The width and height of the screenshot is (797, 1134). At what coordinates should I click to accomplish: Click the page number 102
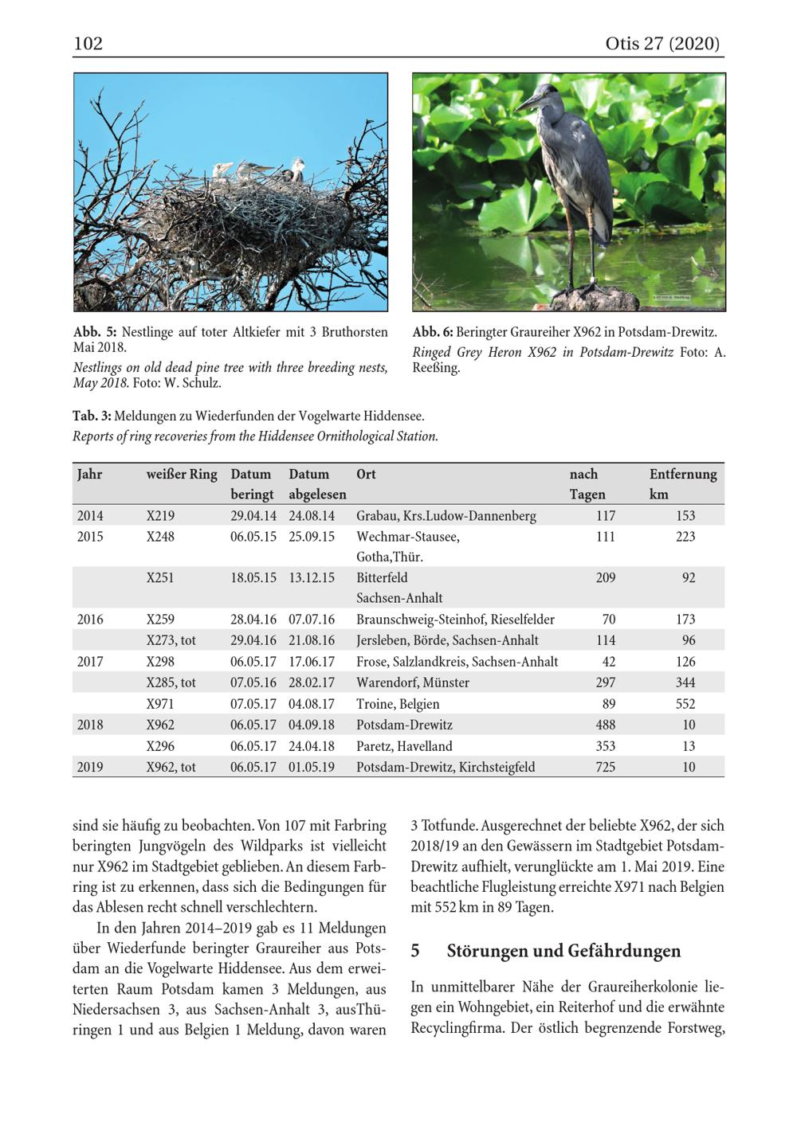pos(88,43)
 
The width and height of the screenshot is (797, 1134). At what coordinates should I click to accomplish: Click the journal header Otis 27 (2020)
pos(662,43)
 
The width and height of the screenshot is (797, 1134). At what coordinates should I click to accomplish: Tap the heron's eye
pos(543,94)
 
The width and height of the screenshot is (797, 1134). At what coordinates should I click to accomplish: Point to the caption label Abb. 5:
pos(95,332)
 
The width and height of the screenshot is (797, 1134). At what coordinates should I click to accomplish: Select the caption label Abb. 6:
pos(433,332)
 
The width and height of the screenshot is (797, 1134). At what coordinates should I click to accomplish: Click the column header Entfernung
pos(683,474)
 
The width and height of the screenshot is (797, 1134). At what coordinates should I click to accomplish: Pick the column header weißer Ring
pos(182,474)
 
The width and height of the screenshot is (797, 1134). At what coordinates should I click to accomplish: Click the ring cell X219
pos(160,516)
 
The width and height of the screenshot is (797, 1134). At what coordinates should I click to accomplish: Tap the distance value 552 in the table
pos(685,704)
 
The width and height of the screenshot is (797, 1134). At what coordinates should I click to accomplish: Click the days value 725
pos(606,767)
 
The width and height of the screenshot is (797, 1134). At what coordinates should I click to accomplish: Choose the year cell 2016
pos(90,620)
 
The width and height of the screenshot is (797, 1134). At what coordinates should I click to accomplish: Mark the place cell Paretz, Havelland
pos(404,746)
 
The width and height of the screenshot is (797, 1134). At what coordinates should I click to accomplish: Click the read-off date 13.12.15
pos(312,578)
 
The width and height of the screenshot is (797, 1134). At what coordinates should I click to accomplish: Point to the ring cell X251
pos(160,578)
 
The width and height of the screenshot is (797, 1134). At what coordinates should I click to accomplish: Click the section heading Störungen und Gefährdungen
pos(563,951)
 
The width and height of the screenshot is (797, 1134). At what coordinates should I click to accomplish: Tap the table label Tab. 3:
pos(91,416)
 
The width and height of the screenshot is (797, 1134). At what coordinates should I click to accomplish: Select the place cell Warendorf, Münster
pos(413,682)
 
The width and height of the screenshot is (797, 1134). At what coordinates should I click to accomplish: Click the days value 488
pos(606,725)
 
